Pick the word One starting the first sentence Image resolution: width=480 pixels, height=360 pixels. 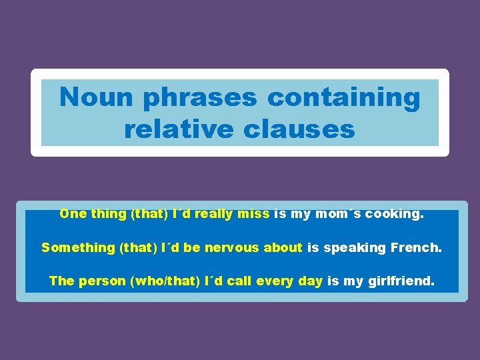73,214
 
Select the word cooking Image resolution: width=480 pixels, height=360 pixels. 394,214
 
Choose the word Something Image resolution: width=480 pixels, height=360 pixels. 78,248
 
